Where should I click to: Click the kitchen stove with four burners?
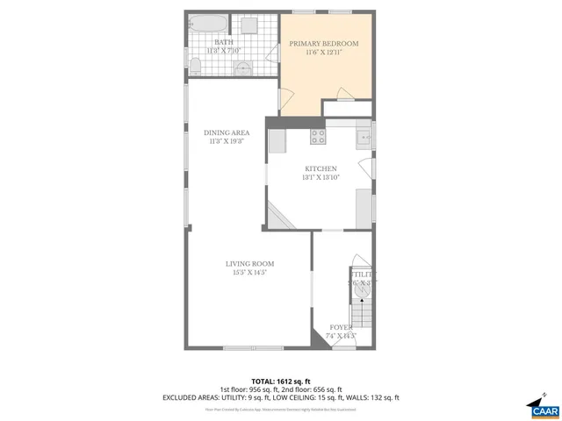tap(318, 136)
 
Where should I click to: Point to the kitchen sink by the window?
tap(362, 137)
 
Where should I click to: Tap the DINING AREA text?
tap(226, 132)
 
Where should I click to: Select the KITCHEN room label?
tap(321, 168)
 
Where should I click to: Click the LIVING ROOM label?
tap(249, 263)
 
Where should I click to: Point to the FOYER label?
tap(341, 326)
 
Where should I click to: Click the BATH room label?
tap(224, 42)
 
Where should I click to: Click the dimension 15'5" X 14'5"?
tap(249, 273)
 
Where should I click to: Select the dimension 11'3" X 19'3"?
tap(226, 141)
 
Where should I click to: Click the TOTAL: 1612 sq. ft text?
tap(280, 380)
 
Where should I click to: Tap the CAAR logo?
tap(538, 407)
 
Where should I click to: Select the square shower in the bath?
tap(249, 24)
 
